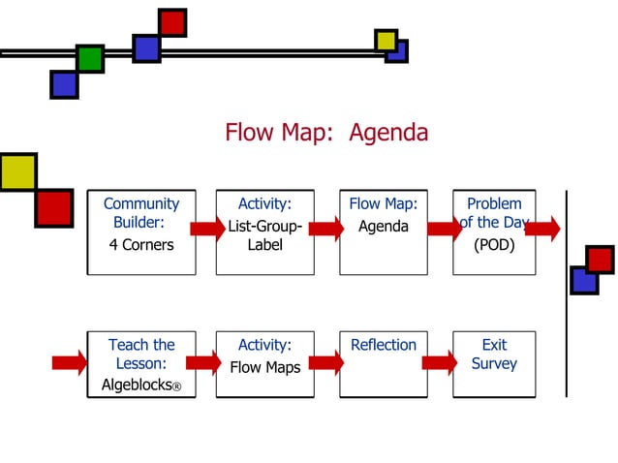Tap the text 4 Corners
(x=141, y=245)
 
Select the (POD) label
(x=494, y=245)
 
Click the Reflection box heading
(x=384, y=345)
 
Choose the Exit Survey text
(x=494, y=355)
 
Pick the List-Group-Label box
(x=264, y=232)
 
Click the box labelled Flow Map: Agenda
(x=384, y=232)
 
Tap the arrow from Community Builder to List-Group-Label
(x=206, y=229)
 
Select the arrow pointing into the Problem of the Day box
(x=445, y=229)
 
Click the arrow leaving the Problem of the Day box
(x=542, y=229)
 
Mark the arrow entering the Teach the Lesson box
(x=70, y=363)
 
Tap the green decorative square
(x=90, y=58)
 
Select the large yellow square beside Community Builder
(x=17, y=171)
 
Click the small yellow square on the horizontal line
(x=386, y=40)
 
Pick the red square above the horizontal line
(x=172, y=22)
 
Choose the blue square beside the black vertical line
(x=584, y=280)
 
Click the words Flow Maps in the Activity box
(x=264, y=368)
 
